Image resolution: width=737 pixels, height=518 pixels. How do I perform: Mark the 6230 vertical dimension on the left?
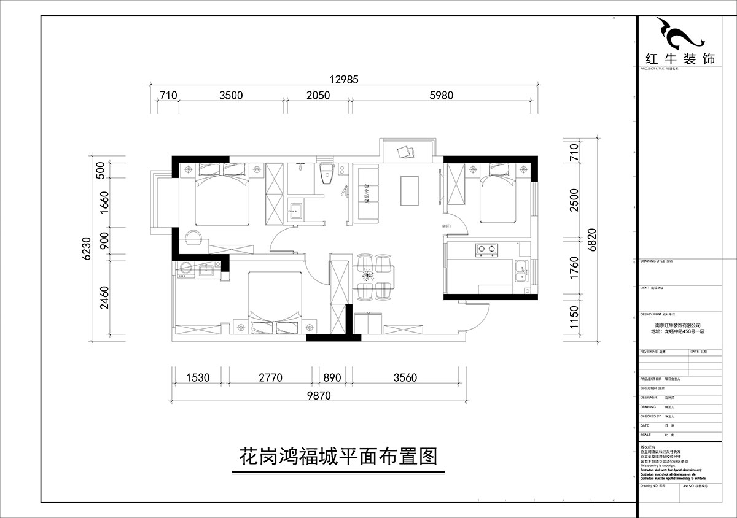coord(86,249)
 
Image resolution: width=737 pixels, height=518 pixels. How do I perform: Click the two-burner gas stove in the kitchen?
coord(484,250)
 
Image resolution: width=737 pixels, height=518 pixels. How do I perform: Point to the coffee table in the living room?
coord(410,191)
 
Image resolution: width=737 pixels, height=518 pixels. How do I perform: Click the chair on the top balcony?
coord(406,151)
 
